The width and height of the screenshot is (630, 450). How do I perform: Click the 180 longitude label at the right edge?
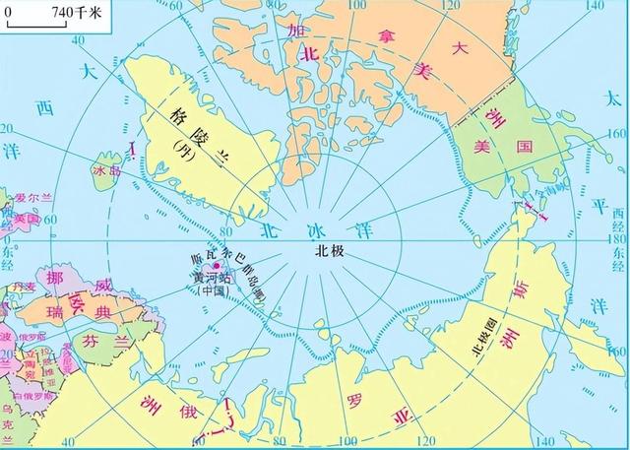click(x=617, y=237)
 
